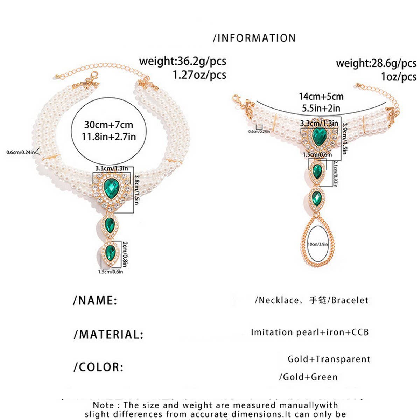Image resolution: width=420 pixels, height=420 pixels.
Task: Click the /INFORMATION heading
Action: (254, 38)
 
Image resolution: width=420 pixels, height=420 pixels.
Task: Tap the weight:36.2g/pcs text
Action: (182, 61)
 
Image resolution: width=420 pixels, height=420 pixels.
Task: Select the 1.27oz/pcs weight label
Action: (199, 75)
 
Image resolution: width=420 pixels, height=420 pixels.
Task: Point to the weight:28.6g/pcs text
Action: (376, 63)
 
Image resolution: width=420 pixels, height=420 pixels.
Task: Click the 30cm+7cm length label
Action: (108, 125)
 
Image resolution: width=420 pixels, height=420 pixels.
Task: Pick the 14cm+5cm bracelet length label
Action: (321, 97)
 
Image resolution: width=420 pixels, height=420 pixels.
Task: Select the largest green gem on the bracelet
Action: (319, 136)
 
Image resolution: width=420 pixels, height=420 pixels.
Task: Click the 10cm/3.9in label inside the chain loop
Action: (318, 244)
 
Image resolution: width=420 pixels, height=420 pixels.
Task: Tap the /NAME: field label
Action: (95, 300)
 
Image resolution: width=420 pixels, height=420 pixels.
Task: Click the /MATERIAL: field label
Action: (108, 334)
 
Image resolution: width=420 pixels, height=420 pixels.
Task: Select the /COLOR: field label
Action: (98, 367)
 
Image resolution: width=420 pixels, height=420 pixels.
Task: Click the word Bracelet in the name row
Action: (350, 300)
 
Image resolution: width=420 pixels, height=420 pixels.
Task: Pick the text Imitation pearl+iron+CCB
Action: (310, 332)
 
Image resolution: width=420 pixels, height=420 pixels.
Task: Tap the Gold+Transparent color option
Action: (329, 359)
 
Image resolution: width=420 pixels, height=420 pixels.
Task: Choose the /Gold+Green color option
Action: (308, 377)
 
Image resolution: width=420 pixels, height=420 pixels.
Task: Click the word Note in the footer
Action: (103, 405)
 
